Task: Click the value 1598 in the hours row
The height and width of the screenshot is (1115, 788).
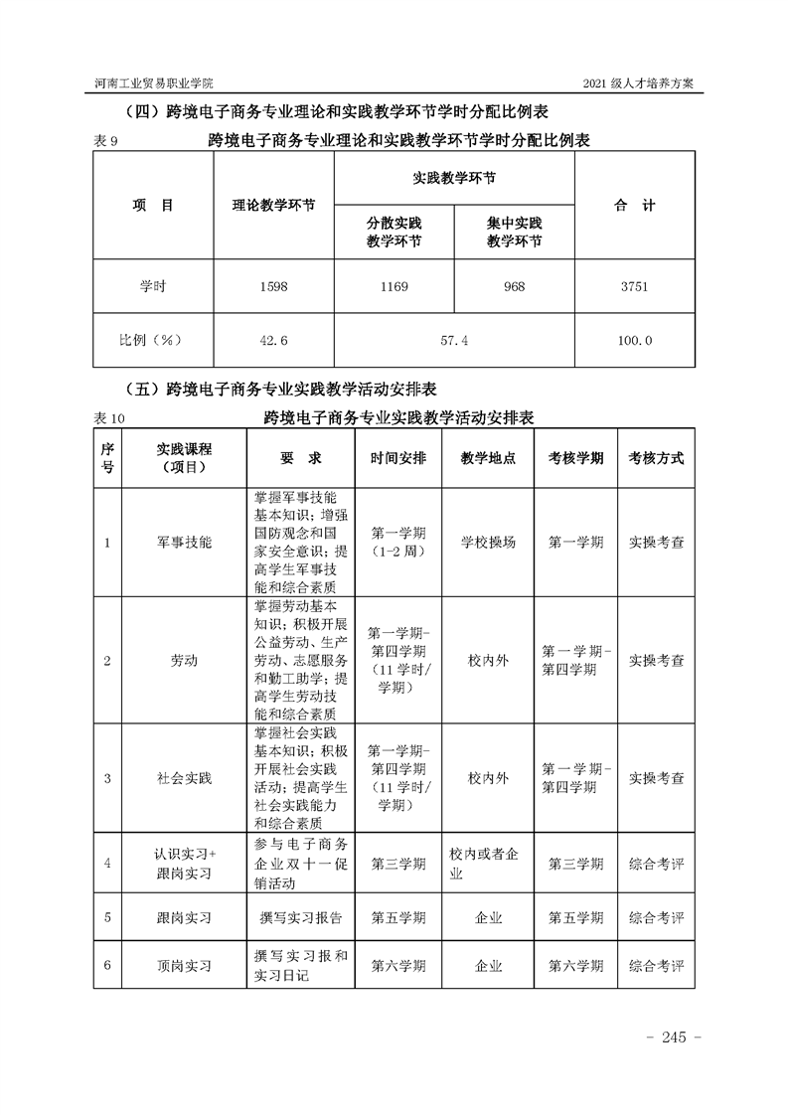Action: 273,286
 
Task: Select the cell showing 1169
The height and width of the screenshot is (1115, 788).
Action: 394,286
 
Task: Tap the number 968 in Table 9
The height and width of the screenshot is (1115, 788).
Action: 514,286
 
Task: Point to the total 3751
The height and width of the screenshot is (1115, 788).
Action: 634,286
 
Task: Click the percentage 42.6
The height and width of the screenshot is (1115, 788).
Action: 273,341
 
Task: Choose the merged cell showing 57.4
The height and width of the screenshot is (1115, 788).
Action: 453,341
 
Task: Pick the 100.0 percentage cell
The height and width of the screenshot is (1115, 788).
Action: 634,341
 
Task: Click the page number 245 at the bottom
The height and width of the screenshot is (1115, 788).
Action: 674,1037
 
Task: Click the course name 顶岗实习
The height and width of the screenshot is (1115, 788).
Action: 184,965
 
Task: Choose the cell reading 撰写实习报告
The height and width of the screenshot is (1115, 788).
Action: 299,917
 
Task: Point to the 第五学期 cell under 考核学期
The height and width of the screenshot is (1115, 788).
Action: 575,917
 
